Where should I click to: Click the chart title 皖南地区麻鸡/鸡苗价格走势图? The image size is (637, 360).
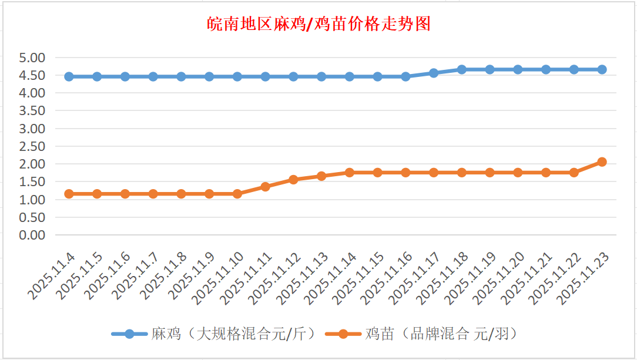(319, 23)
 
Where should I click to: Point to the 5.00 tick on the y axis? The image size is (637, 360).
(32, 58)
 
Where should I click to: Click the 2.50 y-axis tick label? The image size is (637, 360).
(32, 146)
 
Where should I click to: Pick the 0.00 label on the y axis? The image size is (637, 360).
(32, 235)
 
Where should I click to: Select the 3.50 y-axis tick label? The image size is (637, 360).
(32, 110)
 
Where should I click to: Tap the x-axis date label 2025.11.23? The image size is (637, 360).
(582, 278)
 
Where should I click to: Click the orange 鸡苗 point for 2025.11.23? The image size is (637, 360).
(602, 162)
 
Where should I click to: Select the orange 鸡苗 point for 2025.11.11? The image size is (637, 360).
(265, 187)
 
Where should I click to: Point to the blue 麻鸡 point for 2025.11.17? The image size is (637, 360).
(434, 73)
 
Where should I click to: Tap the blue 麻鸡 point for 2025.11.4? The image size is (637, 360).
(69, 76)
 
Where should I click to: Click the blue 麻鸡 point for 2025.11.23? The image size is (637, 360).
(602, 69)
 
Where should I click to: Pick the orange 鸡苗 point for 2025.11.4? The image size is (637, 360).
(69, 194)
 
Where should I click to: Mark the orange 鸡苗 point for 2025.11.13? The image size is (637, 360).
(321, 176)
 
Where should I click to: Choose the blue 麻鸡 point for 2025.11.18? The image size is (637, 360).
(462, 69)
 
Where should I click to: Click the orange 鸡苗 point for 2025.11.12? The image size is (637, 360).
(293, 180)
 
